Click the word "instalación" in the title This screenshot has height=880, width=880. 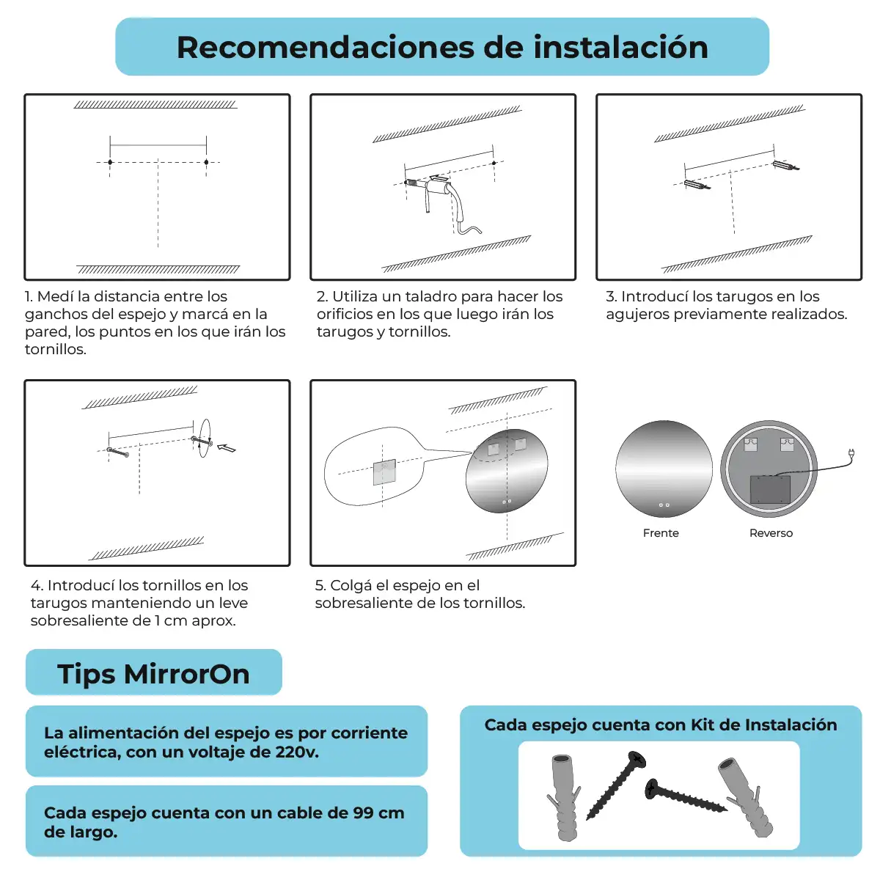click(x=620, y=48)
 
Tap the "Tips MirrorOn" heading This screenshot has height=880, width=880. click(x=153, y=674)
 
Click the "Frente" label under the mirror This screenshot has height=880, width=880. click(x=660, y=533)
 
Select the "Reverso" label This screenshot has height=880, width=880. click(x=771, y=533)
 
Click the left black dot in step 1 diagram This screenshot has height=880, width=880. click(x=110, y=162)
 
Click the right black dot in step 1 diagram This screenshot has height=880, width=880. click(x=206, y=162)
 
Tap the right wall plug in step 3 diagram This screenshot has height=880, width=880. click(x=785, y=165)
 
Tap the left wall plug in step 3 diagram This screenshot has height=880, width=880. click(x=697, y=185)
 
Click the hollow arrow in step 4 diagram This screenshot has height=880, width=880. click(x=226, y=448)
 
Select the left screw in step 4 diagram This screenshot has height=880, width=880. click(x=118, y=452)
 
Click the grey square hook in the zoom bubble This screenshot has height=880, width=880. click(x=384, y=472)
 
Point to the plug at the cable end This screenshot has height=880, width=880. click(x=851, y=453)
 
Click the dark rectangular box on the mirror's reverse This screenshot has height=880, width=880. click(x=770, y=490)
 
